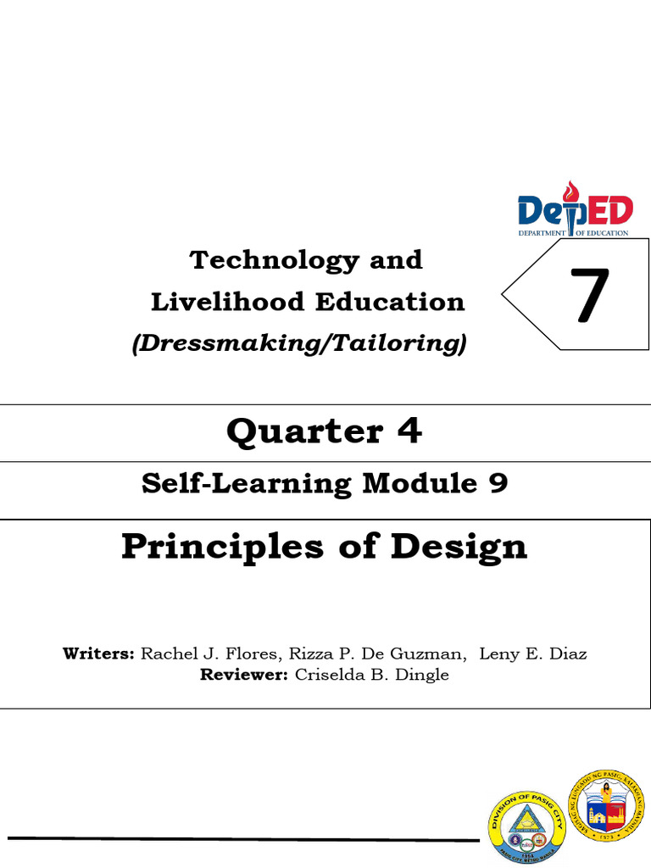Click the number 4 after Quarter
(x=410, y=431)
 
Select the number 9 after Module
(x=498, y=483)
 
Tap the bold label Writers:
(x=98, y=654)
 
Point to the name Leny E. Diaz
(x=532, y=654)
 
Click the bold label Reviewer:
(x=244, y=676)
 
